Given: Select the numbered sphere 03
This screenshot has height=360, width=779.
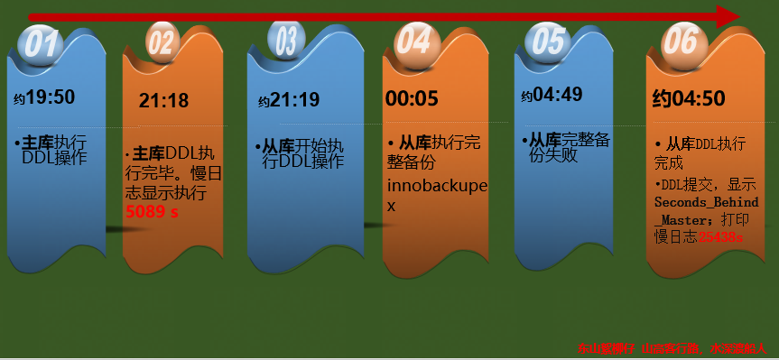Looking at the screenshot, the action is point(285,40).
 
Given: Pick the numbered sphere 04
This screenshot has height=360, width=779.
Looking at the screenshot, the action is point(413,41).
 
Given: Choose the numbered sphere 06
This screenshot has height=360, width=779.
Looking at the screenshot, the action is point(680,41).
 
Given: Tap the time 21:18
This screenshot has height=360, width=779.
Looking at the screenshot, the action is point(163,100).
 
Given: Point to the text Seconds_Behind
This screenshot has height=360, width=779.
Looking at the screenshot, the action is point(706,202).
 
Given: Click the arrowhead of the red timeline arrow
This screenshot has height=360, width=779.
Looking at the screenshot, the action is point(728,16).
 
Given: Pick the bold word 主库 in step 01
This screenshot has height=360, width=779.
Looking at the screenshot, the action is point(38,143).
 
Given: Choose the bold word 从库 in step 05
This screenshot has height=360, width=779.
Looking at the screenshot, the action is point(544,140).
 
